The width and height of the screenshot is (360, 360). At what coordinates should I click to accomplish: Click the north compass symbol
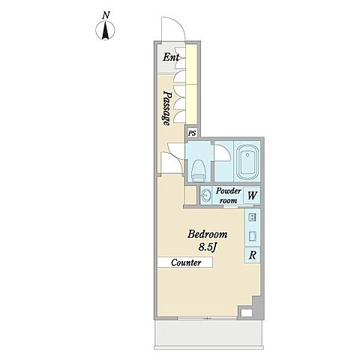pyautogui.click(x=105, y=30)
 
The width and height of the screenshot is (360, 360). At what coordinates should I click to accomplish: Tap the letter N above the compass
pyautogui.click(x=106, y=16)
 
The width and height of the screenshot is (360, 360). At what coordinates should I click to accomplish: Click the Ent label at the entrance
pyautogui.click(x=171, y=57)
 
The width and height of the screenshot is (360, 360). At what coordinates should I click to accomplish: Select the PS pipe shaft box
pyautogui.click(x=192, y=133)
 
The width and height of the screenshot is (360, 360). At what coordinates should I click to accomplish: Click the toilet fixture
pyautogui.click(x=198, y=170)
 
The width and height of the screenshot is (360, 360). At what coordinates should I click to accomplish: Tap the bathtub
pyautogui.click(x=247, y=163)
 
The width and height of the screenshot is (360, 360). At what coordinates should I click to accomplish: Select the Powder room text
pyautogui.click(x=228, y=195)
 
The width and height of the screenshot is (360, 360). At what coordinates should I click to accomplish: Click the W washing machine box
pyautogui.click(x=252, y=195)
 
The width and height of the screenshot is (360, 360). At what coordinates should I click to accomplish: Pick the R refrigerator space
pyautogui.click(x=253, y=255)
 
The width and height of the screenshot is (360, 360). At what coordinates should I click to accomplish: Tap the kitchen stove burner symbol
pyautogui.click(x=252, y=217)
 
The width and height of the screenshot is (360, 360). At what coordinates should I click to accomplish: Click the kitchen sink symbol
pyautogui.click(x=253, y=235)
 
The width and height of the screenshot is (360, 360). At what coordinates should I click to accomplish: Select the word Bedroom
pyautogui.click(x=208, y=234)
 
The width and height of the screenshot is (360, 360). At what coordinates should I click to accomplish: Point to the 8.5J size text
pyautogui.click(x=207, y=247)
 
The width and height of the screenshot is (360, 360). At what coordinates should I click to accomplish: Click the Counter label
pyautogui.click(x=186, y=262)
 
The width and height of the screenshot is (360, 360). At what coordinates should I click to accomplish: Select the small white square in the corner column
pyautogui.click(x=247, y=313)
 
